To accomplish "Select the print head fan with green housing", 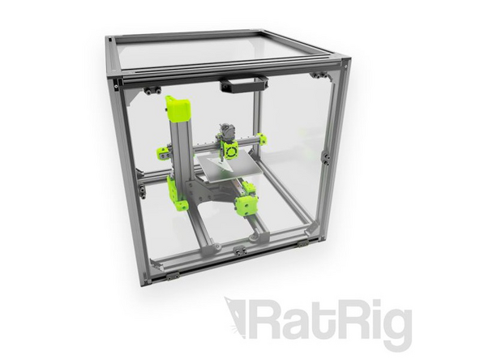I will click(x=229, y=149).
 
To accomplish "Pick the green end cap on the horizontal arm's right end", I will click(x=261, y=139).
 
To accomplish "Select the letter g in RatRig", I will click(x=395, y=328).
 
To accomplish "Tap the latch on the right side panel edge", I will click(x=326, y=156).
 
